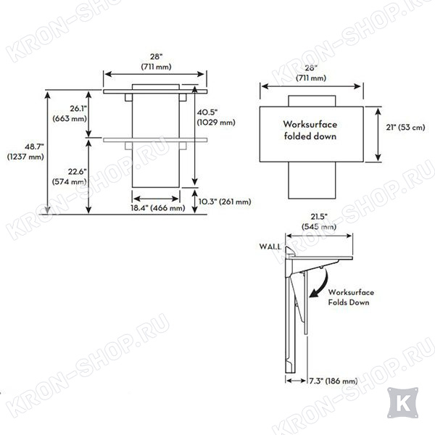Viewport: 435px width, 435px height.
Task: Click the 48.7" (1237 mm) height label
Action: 25,152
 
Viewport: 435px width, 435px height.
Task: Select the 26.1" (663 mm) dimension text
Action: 70,114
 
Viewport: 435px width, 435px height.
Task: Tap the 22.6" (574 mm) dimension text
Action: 70,177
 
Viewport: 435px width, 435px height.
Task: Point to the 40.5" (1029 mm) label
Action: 216,117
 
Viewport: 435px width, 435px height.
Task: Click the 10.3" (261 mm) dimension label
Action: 225,202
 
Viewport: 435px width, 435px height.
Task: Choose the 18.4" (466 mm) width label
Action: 158,208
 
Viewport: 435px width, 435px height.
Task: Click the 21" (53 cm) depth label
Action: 405,128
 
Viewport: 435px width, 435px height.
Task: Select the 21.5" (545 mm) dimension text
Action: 319,222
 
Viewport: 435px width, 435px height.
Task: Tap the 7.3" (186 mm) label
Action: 333,381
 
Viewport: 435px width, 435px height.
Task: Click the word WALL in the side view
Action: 270,246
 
